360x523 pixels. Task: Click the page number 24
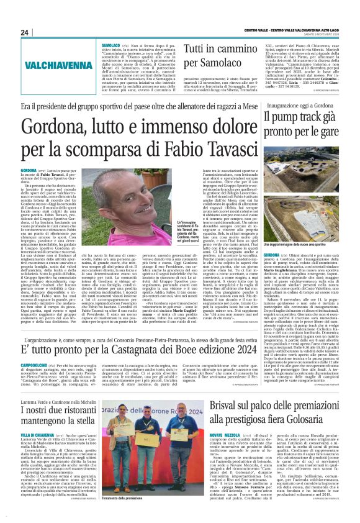click(x=24, y=32)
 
